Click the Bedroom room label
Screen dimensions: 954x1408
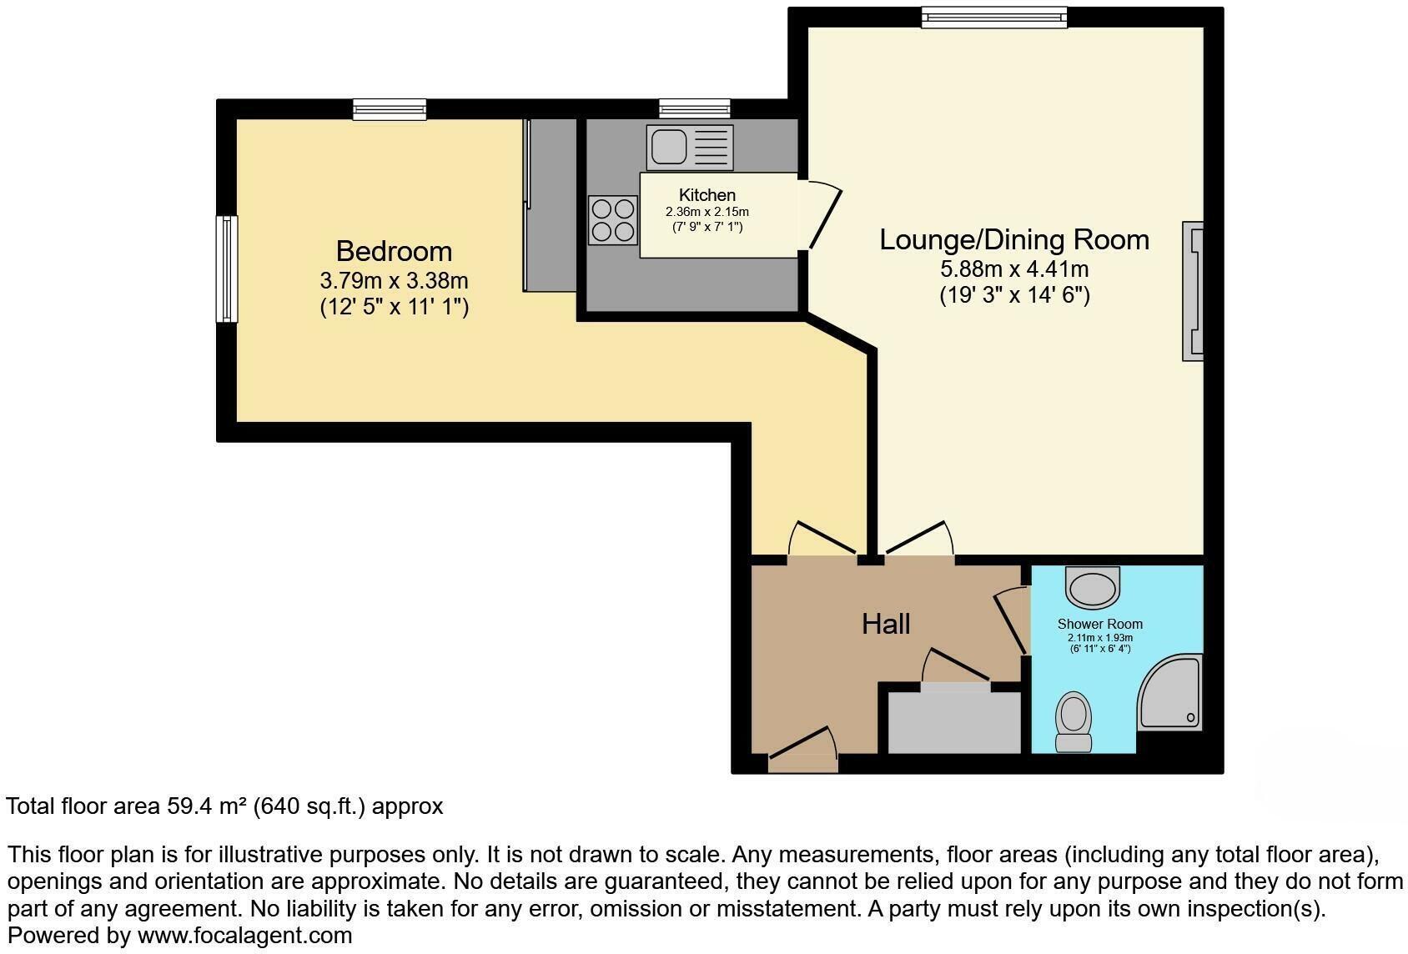(x=394, y=251)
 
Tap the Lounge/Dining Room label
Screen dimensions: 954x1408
(x=1014, y=240)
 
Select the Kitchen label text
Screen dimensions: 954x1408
(x=707, y=195)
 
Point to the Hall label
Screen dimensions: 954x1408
(x=885, y=624)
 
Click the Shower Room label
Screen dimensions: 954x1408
(x=1099, y=624)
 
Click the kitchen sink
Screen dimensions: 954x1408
(x=689, y=148)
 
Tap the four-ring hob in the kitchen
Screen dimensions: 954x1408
(x=612, y=220)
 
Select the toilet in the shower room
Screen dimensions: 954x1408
(x=1074, y=722)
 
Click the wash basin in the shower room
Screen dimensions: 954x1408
(x=1093, y=588)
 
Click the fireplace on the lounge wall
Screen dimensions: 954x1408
(x=1194, y=291)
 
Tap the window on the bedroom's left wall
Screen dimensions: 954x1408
(x=226, y=269)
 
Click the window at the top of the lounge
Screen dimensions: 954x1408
(x=993, y=17)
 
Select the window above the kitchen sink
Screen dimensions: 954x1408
(x=694, y=108)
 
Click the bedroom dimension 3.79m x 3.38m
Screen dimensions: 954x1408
(x=394, y=280)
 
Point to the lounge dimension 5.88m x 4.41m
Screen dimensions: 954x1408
(x=1014, y=269)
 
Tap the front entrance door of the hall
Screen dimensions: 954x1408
(x=802, y=751)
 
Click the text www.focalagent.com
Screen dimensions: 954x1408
(x=244, y=936)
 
